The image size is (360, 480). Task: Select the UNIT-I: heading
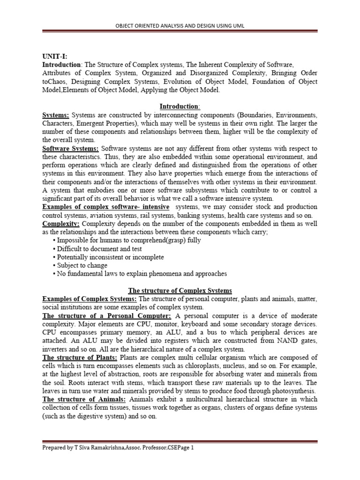click(56, 56)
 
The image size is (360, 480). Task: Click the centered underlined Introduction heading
click(180, 106)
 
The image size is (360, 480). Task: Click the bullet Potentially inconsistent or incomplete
click(110, 257)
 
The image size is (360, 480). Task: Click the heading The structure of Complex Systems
click(180, 290)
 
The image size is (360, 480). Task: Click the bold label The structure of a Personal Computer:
click(107, 315)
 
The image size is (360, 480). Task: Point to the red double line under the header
click(180, 32)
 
